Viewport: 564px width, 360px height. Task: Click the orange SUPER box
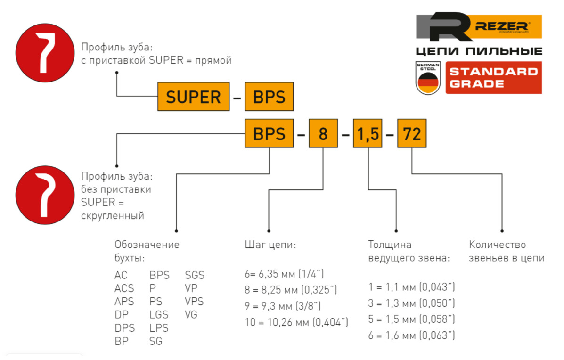[194, 97]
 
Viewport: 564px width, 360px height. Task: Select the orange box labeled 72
[412, 135]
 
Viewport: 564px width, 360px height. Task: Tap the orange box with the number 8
[323, 135]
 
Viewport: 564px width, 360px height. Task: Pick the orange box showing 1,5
[368, 135]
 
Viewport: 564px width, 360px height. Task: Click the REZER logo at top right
[479, 27]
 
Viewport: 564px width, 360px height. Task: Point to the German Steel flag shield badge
[427, 77]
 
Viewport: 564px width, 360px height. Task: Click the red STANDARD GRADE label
[493, 77]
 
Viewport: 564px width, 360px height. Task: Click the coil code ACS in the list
[124, 288]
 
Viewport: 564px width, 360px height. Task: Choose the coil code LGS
[159, 315]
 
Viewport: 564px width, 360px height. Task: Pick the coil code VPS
[195, 302]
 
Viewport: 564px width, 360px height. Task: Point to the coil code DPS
[124, 328]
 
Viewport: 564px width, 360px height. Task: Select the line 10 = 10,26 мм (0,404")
[296, 322]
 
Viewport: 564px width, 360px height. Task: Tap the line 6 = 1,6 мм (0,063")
[411, 335]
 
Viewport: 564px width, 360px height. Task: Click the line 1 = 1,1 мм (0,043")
[411, 287]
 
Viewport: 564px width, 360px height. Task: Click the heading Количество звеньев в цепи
[507, 252]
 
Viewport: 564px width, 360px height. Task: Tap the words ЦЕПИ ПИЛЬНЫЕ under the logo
[479, 51]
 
